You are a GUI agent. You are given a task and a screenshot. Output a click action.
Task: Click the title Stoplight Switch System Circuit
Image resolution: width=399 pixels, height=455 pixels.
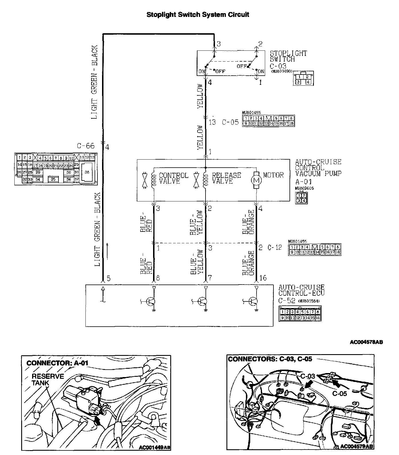[x=197, y=15]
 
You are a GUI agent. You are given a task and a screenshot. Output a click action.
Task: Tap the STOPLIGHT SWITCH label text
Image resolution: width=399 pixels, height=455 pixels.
[x=288, y=56]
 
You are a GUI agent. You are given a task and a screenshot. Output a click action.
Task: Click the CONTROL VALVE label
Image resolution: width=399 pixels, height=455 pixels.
[x=173, y=178]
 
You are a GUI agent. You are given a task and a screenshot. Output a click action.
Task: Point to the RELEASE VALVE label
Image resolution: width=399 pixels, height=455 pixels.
[x=226, y=178]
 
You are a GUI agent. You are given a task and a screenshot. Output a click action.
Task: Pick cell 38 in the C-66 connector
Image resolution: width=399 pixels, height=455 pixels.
[x=87, y=172]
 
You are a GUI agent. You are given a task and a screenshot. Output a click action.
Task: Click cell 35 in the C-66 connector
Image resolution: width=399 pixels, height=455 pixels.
[x=53, y=179]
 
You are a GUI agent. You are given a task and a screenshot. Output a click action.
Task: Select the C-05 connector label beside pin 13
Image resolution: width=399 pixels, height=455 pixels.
[x=230, y=122]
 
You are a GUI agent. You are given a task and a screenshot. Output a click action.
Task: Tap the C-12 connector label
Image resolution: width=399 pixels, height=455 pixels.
[x=275, y=247]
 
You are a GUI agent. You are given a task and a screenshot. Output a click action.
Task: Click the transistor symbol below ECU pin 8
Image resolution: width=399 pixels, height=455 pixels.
[x=151, y=301]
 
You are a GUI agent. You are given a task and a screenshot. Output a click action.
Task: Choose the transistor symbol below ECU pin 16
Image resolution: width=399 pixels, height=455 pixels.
[x=253, y=301]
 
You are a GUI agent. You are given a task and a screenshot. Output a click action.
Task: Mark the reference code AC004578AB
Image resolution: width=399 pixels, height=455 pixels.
[x=366, y=342]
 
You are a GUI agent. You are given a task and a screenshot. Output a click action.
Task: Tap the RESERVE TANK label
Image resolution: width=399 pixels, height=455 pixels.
[x=48, y=380]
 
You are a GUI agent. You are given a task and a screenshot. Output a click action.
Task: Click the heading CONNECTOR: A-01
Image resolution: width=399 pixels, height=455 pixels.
[x=57, y=363]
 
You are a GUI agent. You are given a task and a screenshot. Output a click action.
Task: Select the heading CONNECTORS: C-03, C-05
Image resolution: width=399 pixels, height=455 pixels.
[x=270, y=359]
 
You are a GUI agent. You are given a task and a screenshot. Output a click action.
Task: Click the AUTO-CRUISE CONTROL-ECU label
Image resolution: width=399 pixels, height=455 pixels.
[x=301, y=290]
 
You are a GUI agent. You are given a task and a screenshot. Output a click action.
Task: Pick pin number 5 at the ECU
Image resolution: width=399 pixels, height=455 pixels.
[x=108, y=278]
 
